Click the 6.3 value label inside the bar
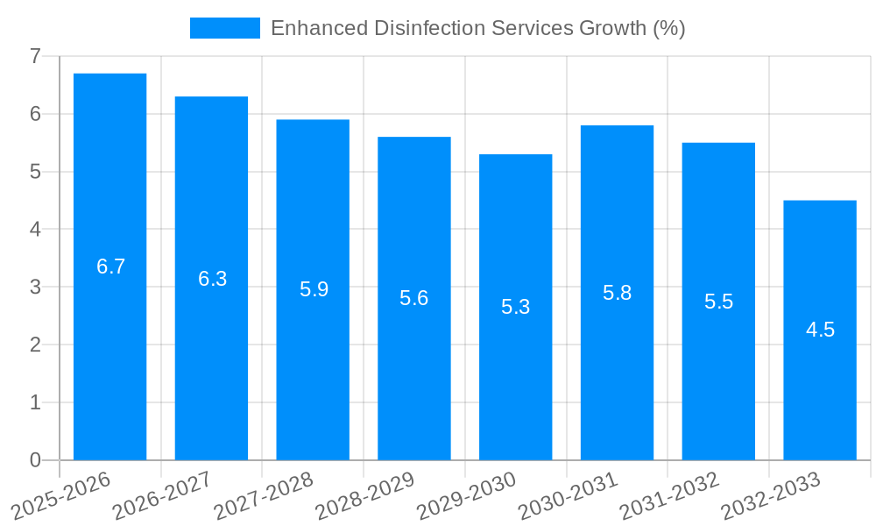coord(212,279)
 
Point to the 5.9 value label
coord(314,289)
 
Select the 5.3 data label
coord(515,307)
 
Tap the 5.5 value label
coord(718,302)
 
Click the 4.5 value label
coord(820,330)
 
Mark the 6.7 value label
coord(110,267)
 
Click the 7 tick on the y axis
coord(35,56)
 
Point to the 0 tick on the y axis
coord(35,460)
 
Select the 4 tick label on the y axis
coord(35,230)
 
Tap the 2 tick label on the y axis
coord(35,345)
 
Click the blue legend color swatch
coord(225,28)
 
